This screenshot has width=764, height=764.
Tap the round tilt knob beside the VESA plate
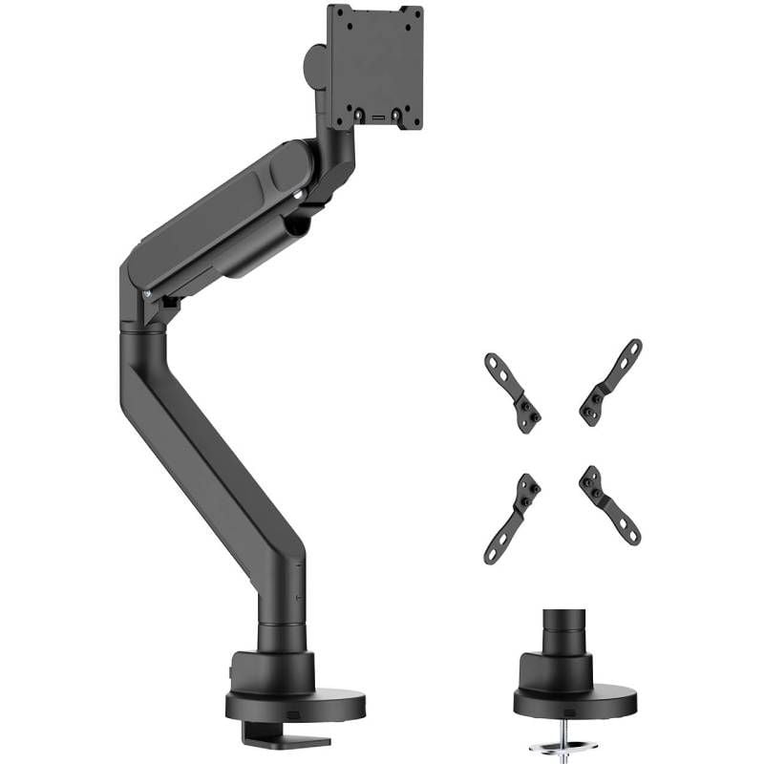(x=315, y=65)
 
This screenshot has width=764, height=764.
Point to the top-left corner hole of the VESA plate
(x=336, y=13)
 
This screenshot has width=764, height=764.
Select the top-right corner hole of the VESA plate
(x=414, y=13)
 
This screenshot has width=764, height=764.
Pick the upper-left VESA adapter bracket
(x=513, y=392)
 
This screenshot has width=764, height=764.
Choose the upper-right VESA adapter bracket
(x=610, y=382)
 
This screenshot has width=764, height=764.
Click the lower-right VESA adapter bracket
(x=609, y=504)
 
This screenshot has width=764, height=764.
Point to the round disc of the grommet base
(x=574, y=703)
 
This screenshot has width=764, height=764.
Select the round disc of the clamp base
(x=295, y=705)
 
